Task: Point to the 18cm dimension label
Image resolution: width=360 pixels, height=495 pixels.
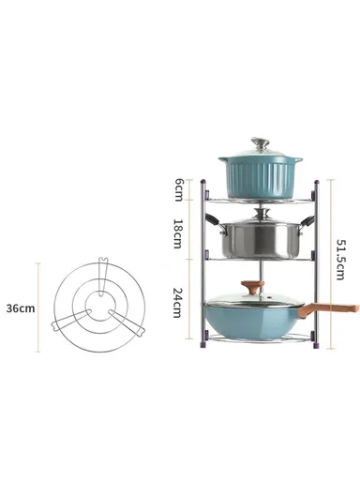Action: click(x=178, y=233)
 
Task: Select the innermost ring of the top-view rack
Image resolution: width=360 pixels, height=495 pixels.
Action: click(x=97, y=307)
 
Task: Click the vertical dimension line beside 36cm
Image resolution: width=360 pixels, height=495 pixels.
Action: click(x=39, y=307)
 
